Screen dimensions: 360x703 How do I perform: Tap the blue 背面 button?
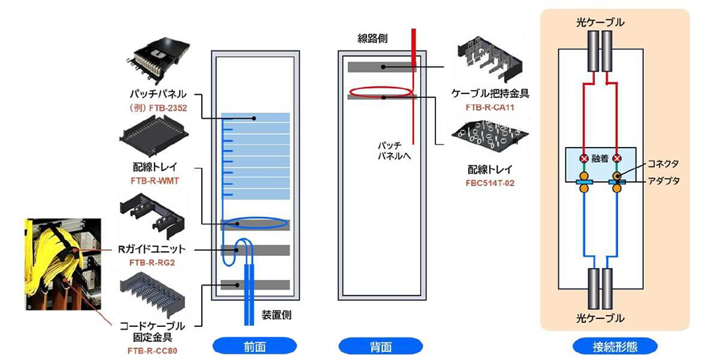coord(380,346)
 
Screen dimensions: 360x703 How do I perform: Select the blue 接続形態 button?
coord(615,346)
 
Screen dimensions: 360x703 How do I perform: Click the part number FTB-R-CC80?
coord(153,349)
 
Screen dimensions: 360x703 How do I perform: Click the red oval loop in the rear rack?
coord(379,91)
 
